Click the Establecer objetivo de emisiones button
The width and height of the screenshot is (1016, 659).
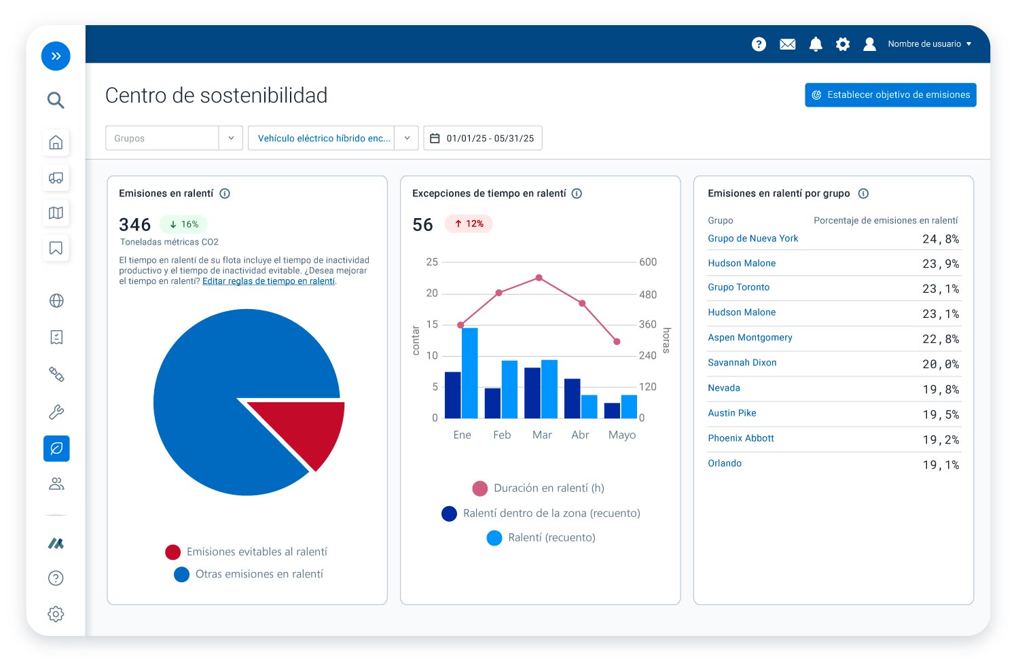[x=890, y=95]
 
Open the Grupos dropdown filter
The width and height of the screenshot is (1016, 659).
[x=174, y=138]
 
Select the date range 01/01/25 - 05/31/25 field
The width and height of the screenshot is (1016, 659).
[x=482, y=138]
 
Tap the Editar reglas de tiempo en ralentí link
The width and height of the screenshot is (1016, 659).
[x=268, y=281]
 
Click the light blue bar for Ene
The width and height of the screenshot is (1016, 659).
[x=470, y=373]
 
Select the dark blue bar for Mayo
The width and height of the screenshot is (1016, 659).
[x=612, y=410]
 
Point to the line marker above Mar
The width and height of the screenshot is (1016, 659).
[x=539, y=278]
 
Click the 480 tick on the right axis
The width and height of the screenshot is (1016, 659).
[x=648, y=295]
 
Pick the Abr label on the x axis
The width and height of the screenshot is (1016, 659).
[x=580, y=435]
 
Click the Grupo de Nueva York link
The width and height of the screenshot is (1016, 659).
[x=752, y=238]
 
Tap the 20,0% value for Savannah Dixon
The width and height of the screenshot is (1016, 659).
[x=940, y=364]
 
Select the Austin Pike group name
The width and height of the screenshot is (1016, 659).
[x=731, y=413]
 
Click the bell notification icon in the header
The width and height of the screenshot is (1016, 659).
[x=816, y=44]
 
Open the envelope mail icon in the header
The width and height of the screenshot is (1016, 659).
[x=787, y=44]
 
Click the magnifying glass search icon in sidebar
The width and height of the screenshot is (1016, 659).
[x=56, y=101]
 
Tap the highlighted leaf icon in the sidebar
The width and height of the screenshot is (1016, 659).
[x=56, y=448]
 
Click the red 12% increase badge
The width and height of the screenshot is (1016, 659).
[x=469, y=224]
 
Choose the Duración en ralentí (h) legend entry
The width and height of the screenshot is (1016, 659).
[x=538, y=488]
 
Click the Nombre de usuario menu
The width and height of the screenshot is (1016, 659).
[x=928, y=44]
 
